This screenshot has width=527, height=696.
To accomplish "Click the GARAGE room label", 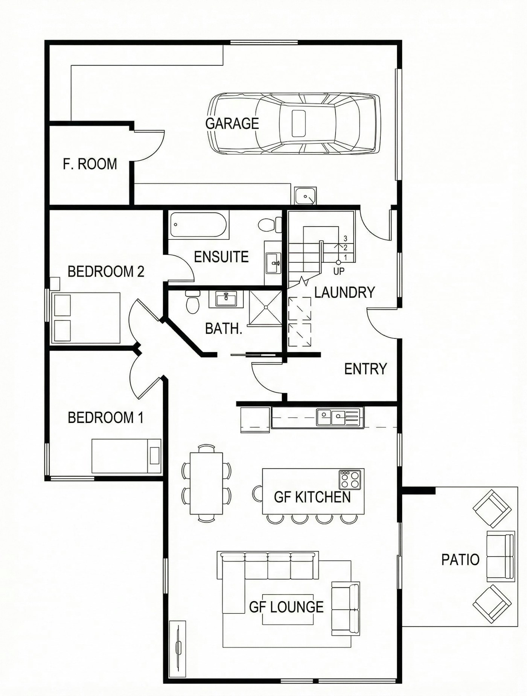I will point(232,123).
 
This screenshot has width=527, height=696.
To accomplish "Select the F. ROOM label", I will point(90,164).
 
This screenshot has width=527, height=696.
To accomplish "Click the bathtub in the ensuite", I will point(198,225).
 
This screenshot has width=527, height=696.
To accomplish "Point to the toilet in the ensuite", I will point(270,225).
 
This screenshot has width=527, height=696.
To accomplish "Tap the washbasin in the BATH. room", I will point(226,299).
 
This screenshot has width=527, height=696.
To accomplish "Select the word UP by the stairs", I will point(338,271).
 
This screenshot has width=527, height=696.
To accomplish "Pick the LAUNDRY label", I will point(344,292).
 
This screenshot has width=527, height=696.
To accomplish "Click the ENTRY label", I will point(365,369).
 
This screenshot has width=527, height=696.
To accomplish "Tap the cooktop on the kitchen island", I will point(350,480).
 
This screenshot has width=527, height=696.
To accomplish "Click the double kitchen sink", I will point(332,417).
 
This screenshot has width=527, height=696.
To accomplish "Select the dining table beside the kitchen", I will point(206,483).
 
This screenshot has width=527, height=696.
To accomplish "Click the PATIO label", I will point(460,559).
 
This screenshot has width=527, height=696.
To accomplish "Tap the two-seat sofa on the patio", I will point(500,556).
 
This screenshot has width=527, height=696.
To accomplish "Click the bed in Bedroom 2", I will point(86,318).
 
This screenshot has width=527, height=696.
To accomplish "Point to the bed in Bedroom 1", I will point(126,456).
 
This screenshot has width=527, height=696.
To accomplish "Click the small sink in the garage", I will point(305,196).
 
